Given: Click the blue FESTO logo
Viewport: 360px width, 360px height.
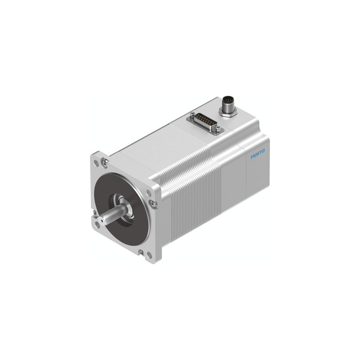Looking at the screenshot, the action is click(257, 153).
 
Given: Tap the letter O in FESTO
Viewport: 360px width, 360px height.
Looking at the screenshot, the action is click(263, 151).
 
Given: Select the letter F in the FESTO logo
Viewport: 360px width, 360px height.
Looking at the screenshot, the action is click(252, 157).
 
